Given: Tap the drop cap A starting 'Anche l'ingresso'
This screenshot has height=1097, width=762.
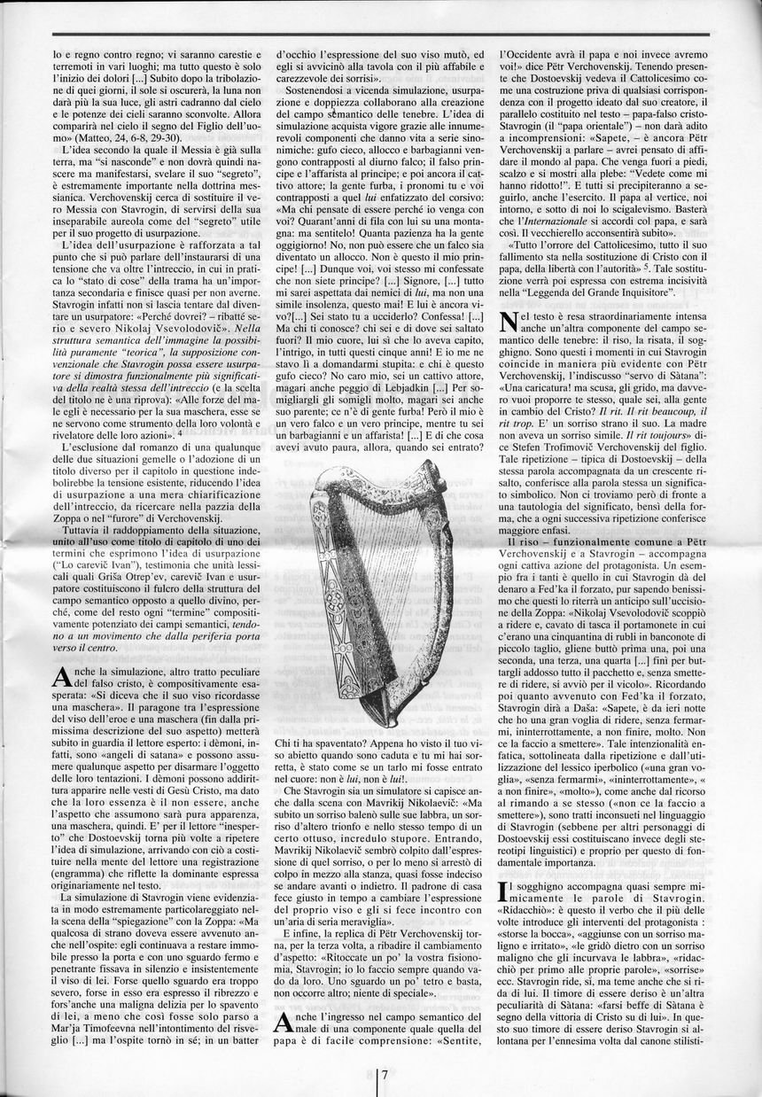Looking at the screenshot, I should pos(284,1021).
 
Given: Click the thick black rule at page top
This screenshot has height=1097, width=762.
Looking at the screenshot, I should pos(381,34).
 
